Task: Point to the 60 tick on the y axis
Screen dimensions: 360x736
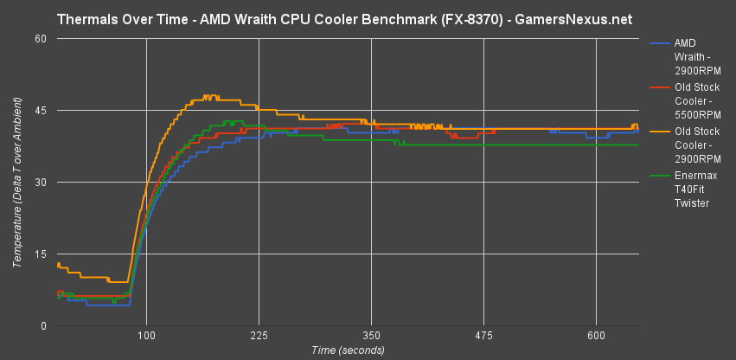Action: coord(42,39)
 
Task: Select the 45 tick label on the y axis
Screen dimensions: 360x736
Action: coord(42,111)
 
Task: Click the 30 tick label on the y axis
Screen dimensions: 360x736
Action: coord(42,183)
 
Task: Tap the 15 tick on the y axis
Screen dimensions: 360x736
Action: coord(42,254)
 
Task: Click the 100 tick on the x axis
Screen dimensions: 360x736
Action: coord(146,335)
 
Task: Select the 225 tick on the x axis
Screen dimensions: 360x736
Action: coord(259,335)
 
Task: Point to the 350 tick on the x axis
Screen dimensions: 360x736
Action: coord(371,335)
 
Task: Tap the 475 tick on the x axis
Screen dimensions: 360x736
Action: coord(483,335)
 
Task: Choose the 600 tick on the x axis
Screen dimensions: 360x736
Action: coord(596,335)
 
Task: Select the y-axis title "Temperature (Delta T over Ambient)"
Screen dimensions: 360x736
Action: coord(17,182)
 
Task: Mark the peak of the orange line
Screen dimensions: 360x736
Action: coord(208,96)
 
